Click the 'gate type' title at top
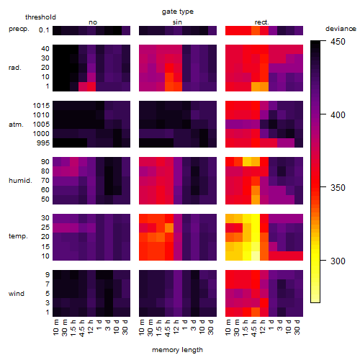tap(178, 12)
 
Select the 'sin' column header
tap(177, 22)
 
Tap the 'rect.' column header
tap(262, 22)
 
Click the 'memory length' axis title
tap(177, 350)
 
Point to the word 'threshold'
tap(40, 17)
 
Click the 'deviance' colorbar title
tap(341, 29)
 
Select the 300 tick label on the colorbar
tap(338, 261)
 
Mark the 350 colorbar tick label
tap(338, 188)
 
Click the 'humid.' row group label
tap(20, 181)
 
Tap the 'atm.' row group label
tap(16, 125)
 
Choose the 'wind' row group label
tap(17, 294)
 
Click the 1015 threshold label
tap(41, 106)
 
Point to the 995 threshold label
tap(43, 143)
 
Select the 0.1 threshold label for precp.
tap(44, 30)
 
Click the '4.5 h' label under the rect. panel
tap(253, 328)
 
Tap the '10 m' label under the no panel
tap(55, 328)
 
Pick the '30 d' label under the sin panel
tap(211, 328)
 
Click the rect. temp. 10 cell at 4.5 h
tap(256, 256)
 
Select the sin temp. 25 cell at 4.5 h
tap(169, 228)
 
